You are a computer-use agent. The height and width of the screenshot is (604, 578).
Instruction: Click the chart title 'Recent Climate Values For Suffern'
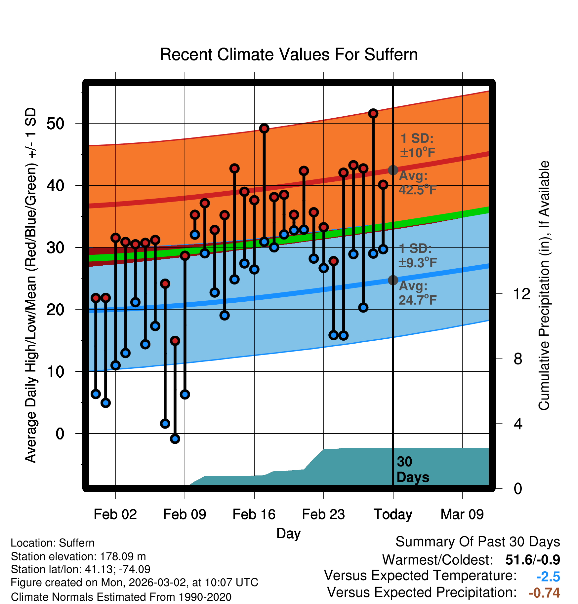289,55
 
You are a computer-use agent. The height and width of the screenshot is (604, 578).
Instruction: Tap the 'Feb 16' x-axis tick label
254,514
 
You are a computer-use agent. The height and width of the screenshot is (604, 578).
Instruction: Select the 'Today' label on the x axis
393,514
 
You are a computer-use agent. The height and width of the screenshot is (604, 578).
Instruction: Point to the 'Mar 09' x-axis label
462,514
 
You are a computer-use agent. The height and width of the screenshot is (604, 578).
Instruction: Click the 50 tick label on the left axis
55,124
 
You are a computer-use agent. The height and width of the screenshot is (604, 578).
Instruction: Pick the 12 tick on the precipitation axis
522,294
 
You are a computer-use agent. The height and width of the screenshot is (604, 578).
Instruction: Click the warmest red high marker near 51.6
373,114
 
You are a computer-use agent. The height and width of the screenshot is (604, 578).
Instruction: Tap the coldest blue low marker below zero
175,439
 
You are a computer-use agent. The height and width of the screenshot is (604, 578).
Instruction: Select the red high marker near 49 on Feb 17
264,129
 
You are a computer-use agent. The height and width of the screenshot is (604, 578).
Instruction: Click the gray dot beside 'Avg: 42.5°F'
393,170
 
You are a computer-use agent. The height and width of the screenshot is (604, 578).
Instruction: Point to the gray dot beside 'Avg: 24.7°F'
393,280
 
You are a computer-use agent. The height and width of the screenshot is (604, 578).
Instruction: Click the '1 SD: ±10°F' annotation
418,145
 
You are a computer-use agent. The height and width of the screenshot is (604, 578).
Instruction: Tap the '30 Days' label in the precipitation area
412,470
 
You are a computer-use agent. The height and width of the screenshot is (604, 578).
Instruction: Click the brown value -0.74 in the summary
544,593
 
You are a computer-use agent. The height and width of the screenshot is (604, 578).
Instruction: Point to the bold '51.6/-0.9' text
533,560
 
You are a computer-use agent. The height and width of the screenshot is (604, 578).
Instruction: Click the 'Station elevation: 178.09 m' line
78,556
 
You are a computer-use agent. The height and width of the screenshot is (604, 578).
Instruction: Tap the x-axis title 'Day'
289,533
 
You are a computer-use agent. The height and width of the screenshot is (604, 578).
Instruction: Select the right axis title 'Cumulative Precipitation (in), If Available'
544,285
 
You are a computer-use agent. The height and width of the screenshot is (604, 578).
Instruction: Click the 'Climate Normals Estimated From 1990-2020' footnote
121,597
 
